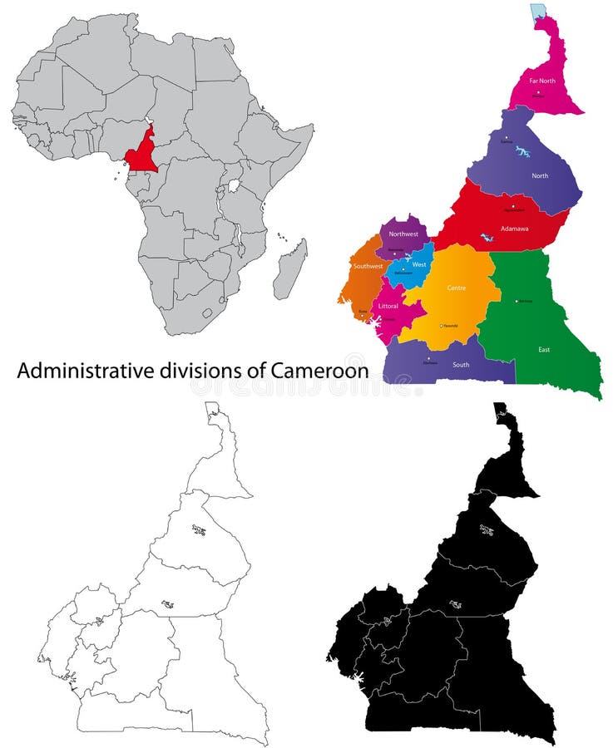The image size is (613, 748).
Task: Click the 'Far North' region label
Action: (x=542, y=81)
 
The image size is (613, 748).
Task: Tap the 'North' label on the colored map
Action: (x=540, y=175)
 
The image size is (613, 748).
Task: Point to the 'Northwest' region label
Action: (x=403, y=234)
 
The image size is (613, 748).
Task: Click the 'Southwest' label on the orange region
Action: (x=368, y=266)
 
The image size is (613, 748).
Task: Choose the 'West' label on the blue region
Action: (x=419, y=264)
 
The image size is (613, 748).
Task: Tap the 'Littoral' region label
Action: (x=388, y=306)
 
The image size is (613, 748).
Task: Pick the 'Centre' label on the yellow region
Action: (x=457, y=288)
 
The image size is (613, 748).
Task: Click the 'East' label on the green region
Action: (x=543, y=349)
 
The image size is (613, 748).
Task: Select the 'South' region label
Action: (x=461, y=364)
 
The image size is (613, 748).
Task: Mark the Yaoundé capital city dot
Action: (x=441, y=326)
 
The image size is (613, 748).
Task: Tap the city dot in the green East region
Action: (x=517, y=301)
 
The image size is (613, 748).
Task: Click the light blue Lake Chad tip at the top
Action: (x=539, y=10)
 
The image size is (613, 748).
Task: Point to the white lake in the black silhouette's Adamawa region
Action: (x=455, y=605)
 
